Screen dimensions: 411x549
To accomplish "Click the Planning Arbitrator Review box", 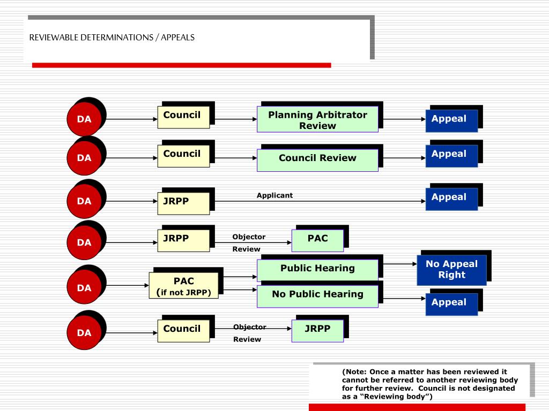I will point(317,120).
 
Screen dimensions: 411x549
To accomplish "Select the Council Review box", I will point(317,159).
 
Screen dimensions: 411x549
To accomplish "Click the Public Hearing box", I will point(317,269).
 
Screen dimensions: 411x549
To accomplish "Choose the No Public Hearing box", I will point(317,295).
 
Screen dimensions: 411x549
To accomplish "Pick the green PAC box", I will point(317,240).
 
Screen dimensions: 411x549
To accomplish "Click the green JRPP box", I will point(317,330).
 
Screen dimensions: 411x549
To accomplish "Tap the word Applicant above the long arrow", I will point(274,195).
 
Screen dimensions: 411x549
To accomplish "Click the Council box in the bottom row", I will point(183,330).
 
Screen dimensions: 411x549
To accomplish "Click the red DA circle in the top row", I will point(84,119).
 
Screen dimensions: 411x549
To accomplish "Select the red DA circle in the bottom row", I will point(84,332).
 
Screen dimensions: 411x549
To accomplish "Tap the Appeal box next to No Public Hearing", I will point(451,303).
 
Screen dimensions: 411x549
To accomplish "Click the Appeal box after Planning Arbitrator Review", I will point(451,120).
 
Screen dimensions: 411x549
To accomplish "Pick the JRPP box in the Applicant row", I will point(183,203).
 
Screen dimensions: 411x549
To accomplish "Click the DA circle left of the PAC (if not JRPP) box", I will point(84,288).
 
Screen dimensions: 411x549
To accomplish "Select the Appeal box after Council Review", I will point(451,155).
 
